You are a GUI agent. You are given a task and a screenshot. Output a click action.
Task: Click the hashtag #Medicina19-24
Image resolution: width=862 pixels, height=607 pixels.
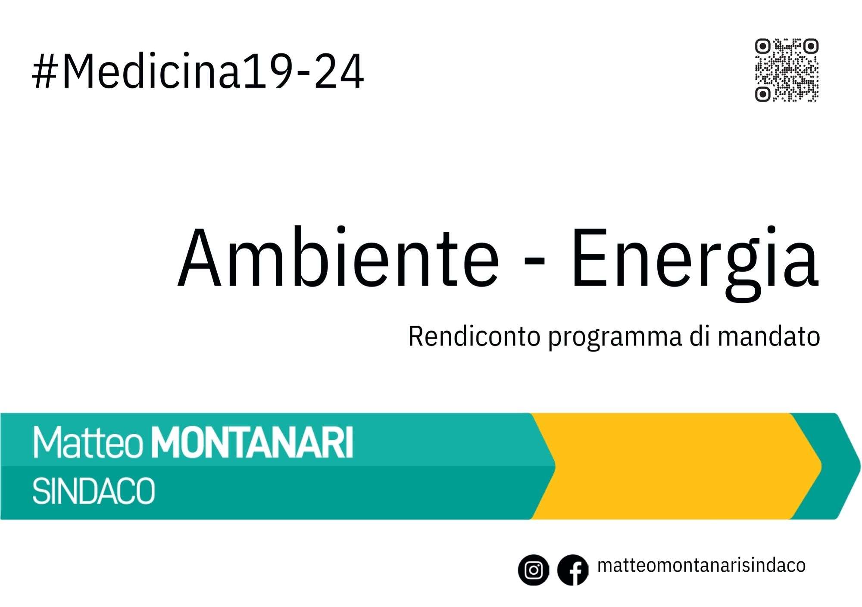tap(198, 72)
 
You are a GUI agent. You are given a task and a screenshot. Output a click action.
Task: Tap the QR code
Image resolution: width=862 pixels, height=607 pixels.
tap(787, 70)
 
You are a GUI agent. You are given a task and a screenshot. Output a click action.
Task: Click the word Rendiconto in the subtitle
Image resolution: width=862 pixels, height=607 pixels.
tap(474, 336)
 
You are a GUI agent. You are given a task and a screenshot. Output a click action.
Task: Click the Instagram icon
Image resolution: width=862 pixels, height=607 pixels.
tap(534, 570)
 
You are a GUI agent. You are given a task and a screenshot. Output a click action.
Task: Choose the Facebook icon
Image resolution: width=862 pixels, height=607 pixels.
tap(573, 570)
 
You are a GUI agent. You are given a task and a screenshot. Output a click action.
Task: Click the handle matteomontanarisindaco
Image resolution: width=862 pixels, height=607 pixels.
tap(701, 566)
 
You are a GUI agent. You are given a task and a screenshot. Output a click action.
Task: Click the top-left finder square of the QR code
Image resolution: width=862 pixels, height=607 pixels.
tap(763, 46)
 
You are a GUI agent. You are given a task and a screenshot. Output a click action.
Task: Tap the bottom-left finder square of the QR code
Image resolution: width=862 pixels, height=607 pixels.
tap(763, 94)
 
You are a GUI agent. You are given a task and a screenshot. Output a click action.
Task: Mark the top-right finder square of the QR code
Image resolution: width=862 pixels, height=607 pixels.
tap(811, 46)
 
